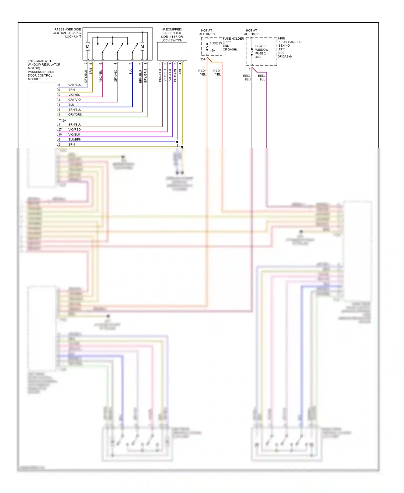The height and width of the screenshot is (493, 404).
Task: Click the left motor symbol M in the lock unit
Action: coord(88,46)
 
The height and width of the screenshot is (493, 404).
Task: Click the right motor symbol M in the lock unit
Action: coord(142,46)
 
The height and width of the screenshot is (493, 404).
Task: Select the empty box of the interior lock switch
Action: coord(172,51)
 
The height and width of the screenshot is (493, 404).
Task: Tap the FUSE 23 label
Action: coord(215,43)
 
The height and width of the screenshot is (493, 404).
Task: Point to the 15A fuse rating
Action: coord(213,50)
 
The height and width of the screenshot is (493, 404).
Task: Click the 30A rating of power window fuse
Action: coord(258,57)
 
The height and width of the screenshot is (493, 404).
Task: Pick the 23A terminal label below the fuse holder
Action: coord(203,59)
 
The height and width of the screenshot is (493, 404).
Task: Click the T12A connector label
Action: coord(62,121)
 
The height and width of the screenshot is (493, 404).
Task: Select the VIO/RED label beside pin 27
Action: coord(74,129)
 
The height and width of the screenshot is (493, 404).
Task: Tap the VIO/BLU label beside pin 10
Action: coord(74,135)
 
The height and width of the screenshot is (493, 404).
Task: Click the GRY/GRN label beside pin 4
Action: coord(75,115)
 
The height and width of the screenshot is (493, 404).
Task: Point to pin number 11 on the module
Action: coord(60,125)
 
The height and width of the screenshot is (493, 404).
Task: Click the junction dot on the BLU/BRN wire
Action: coord(177,142)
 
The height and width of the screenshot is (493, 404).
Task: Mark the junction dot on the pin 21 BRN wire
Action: coord(182,147)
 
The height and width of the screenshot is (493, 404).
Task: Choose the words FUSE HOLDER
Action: coord(233,39)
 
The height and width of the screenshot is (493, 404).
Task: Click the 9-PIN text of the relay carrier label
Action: coord(281,39)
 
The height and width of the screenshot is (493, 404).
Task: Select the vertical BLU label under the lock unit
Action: coord(131,71)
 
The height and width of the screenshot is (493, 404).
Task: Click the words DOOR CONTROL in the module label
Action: coord(40,76)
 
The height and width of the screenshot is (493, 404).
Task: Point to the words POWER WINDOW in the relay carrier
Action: coord(262,48)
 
